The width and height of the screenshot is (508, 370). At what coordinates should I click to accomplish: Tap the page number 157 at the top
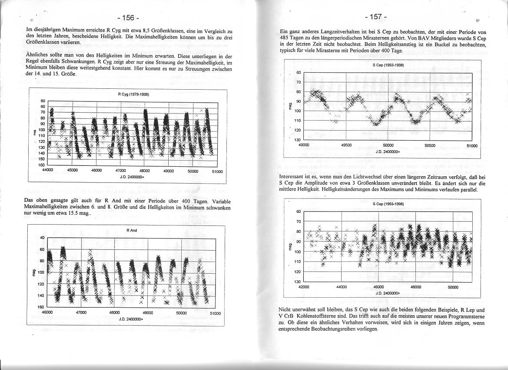376,17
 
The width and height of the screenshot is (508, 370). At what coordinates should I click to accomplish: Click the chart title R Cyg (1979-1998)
133,94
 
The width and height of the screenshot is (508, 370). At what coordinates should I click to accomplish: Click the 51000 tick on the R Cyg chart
217,172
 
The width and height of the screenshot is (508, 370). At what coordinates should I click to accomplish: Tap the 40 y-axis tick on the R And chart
42,238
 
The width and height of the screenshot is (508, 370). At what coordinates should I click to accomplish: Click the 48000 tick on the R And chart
114,313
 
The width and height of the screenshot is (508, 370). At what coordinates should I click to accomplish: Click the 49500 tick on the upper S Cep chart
346,146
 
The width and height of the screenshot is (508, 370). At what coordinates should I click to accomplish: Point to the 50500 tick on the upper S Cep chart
429,146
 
